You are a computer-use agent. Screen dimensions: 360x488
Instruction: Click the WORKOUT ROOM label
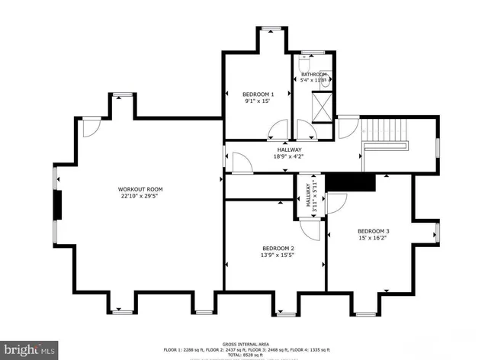[x=140, y=188]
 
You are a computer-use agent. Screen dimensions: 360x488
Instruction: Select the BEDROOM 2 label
[x=278, y=248]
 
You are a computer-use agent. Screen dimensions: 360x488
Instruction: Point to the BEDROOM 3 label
[x=373, y=231]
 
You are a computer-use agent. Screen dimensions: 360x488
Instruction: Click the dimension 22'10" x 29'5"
[x=140, y=195]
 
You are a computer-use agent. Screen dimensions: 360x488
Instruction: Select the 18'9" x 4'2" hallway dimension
[x=288, y=156]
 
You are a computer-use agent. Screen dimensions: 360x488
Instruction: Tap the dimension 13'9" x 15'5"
[x=278, y=255]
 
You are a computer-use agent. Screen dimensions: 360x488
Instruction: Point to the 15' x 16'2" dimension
[x=373, y=238]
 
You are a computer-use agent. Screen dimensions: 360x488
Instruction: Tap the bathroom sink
[x=325, y=83]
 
